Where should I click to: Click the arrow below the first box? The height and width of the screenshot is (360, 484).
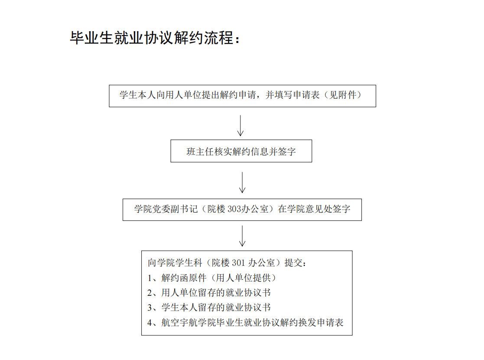tap(240, 126)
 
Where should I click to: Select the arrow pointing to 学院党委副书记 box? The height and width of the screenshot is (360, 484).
tap(242, 183)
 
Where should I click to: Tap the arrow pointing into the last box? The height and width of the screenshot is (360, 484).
tap(242, 236)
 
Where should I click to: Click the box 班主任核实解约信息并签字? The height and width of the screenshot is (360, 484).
tap(241, 151)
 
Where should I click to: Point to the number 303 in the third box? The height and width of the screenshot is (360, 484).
tap(234, 209)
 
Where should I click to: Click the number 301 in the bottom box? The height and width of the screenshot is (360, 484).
tap(238, 263)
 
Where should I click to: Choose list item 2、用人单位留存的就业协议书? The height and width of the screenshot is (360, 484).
tap(209, 293)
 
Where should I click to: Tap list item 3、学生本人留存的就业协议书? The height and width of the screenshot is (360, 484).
tap(209, 308)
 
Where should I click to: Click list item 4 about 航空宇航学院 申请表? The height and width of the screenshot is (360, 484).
tap(245, 323)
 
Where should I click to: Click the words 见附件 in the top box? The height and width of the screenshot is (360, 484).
tap(343, 95)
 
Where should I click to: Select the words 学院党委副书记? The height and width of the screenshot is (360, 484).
tap(166, 209)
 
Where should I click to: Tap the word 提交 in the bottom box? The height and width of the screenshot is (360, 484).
tap(293, 263)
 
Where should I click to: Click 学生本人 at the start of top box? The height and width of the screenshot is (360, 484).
tap(138, 95)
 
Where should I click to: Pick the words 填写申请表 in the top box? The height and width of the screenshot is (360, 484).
tap(297, 95)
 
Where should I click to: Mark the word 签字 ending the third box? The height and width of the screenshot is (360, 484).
tap(341, 209)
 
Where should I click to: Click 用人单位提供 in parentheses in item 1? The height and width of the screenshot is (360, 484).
tap(243, 278)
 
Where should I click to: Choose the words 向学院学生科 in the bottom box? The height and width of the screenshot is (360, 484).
tap(175, 263)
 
